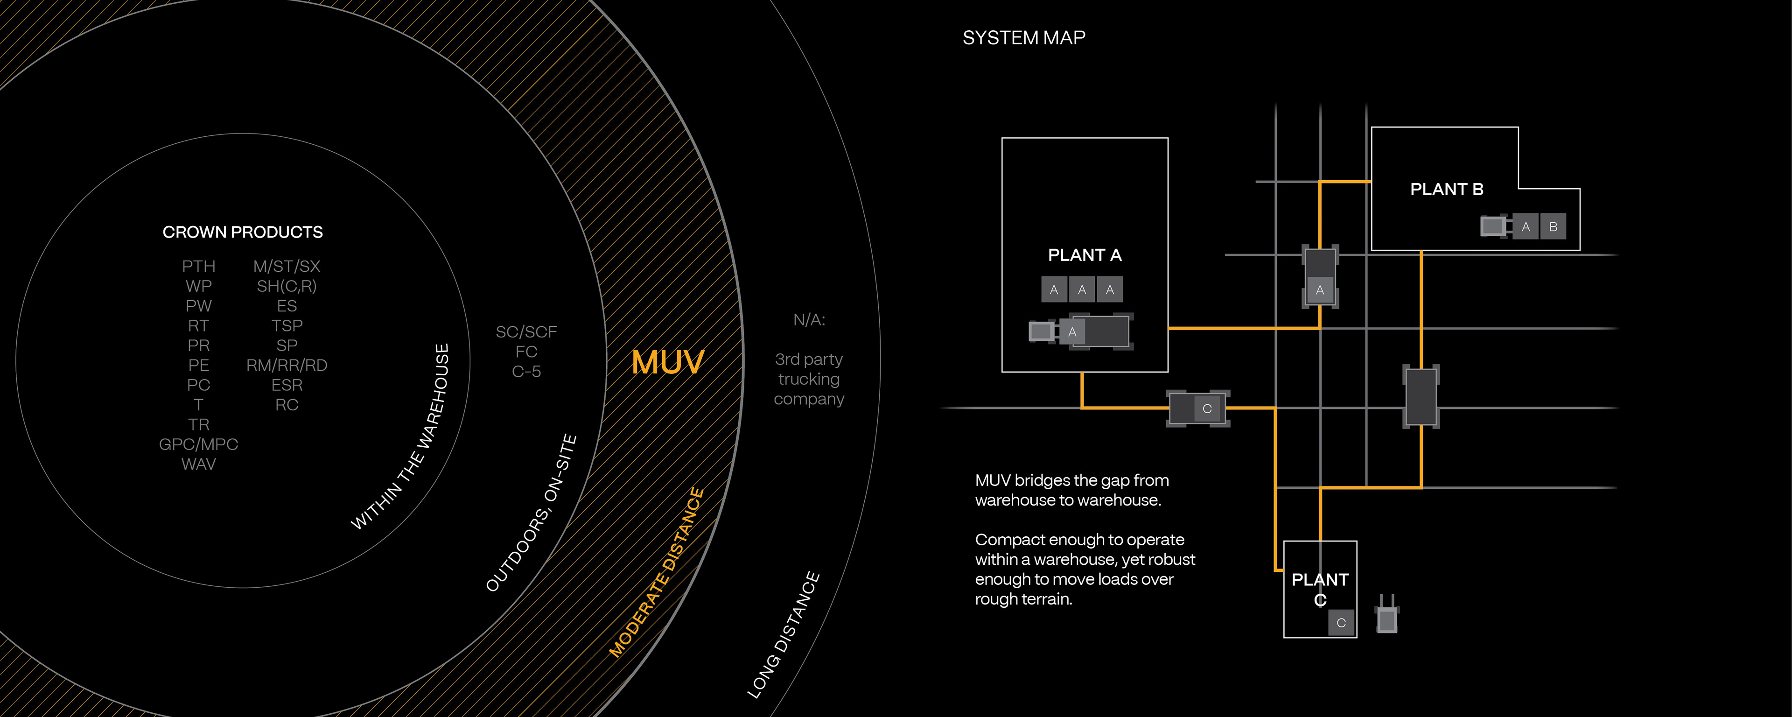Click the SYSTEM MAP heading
[x=1023, y=38]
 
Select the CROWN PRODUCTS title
[x=242, y=232]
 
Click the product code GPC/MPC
[x=198, y=444]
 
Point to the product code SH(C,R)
[x=287, y=286]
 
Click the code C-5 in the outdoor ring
[x=526, y=372]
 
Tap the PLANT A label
[x=1085, y=255]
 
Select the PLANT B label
[x=1446, y=190]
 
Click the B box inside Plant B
[x=1553, y=227]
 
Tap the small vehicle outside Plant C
[x=1386, y=617]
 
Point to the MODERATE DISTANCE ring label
[x=658, y=573]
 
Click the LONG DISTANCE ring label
[x=784, y=635]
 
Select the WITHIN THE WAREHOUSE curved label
[x=401, y=437]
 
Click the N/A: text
[x=809, y=320]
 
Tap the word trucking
[x=809, y=380]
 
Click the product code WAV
[x=198, y=464]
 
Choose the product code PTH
[x=198, y=267]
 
